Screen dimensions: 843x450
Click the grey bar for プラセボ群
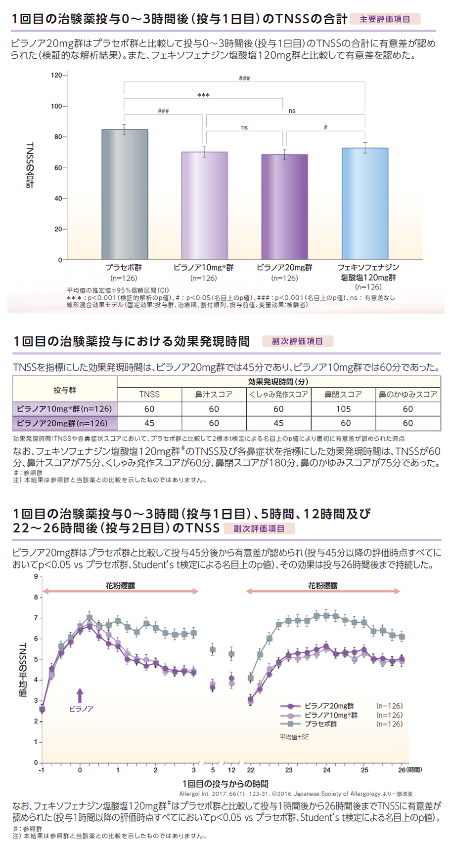[125, 195]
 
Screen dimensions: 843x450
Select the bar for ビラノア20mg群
[284, 207]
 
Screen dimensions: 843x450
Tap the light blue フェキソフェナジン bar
[365, 203]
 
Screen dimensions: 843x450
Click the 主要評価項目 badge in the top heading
[385, 19]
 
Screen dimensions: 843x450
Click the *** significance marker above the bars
[203, 95]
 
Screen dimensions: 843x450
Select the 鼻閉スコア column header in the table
[343, 394]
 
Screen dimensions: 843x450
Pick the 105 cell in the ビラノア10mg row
[343, 409]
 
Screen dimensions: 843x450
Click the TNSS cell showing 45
[149, 423]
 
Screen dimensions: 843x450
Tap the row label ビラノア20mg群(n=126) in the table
[65, 423]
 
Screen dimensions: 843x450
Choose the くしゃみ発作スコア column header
[279, 394]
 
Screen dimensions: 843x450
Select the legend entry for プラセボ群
[320, 724]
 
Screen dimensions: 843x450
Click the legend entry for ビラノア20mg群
[328, 706]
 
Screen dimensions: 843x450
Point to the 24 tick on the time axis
[326, 770]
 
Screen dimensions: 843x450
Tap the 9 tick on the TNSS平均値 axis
[36, 576]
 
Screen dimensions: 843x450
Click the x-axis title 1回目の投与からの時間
[225, 784]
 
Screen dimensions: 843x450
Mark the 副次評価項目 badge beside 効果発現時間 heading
[297, 341]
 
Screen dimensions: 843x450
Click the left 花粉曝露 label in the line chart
[120, 586]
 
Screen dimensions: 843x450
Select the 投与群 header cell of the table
[65, 390]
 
